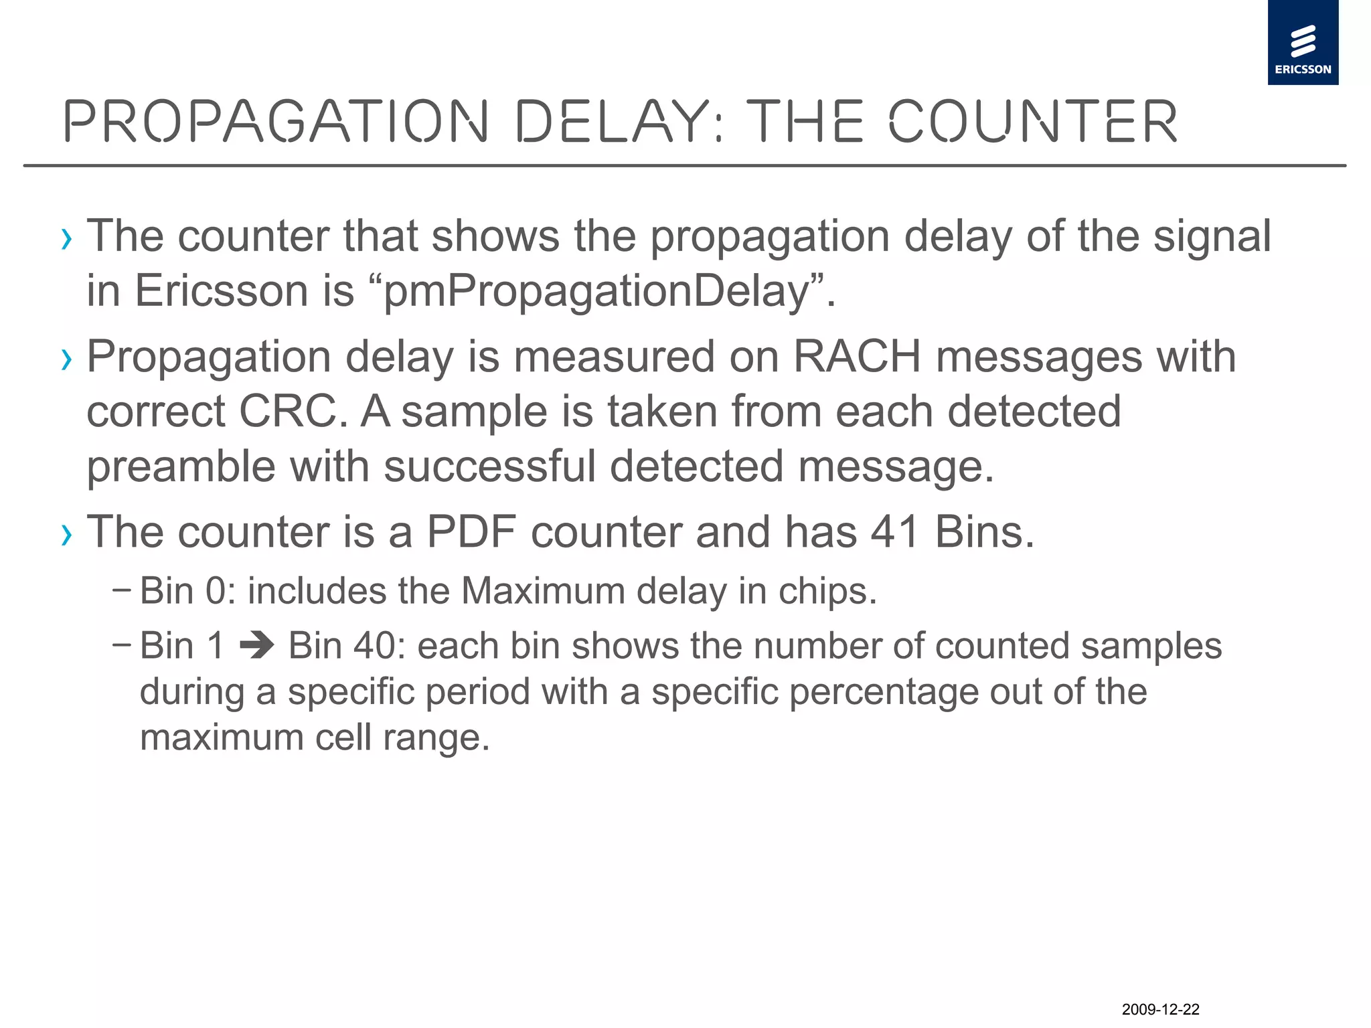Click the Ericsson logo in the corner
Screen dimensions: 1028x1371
[1303, 43]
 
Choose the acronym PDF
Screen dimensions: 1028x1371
[471, 532]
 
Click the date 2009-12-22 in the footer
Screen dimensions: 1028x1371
[1160, 1009]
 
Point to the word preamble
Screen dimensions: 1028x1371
[181, 466]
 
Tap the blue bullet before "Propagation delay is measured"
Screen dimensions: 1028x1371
[66, 360]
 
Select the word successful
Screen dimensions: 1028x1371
[489, 466]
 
